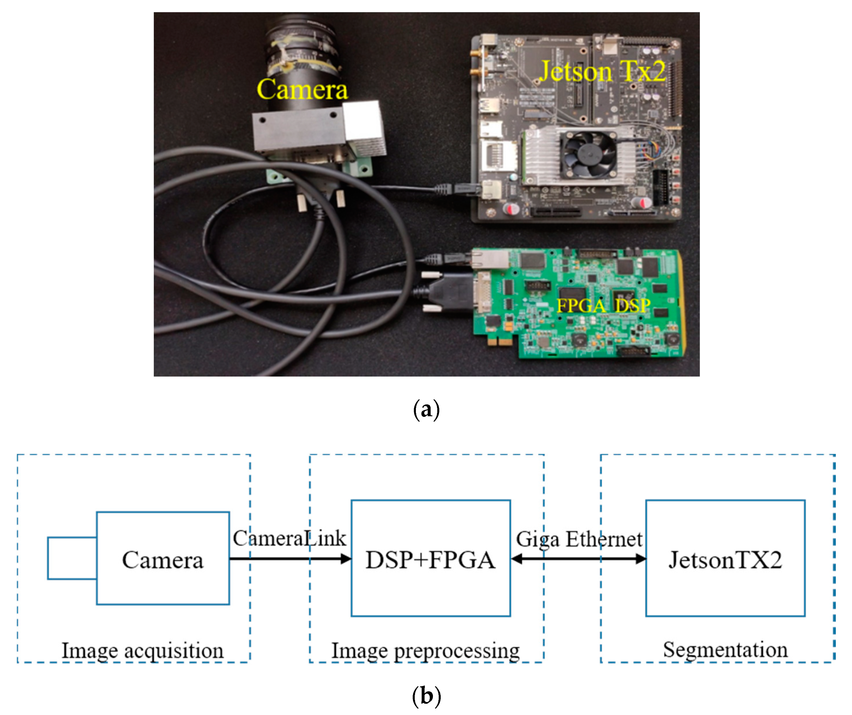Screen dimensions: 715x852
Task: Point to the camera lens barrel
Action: [x=302, y=53]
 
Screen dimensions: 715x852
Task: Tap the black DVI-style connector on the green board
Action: [x=450, y=293]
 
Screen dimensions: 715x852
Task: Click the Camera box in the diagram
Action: [x=163, y=560]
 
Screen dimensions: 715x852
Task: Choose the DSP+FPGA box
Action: [x=430, y=560]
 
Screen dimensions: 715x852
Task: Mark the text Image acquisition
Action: [x=142, y=651]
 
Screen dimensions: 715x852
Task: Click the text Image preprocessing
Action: [x=426, y=651]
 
